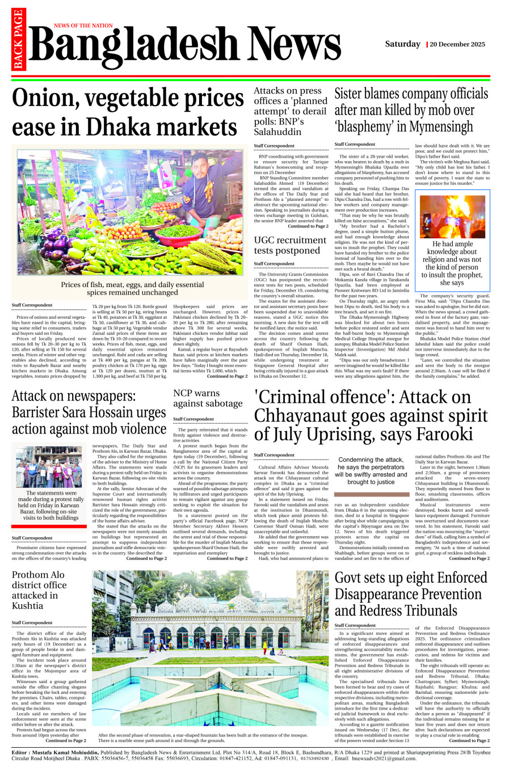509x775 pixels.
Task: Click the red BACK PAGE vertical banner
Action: [18, 40]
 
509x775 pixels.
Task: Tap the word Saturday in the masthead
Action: [402, 44]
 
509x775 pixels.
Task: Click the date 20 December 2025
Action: [457, 44]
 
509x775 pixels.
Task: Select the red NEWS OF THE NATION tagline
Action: [83, 26]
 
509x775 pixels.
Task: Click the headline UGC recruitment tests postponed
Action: [290, 245]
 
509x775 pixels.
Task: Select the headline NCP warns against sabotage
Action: [208, 398]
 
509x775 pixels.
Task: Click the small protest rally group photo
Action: [49, 467]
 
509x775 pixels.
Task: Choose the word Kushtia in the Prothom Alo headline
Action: [27, 606]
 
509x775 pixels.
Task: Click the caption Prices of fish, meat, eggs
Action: [132, 288]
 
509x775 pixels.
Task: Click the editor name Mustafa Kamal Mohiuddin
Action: [62, 752]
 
